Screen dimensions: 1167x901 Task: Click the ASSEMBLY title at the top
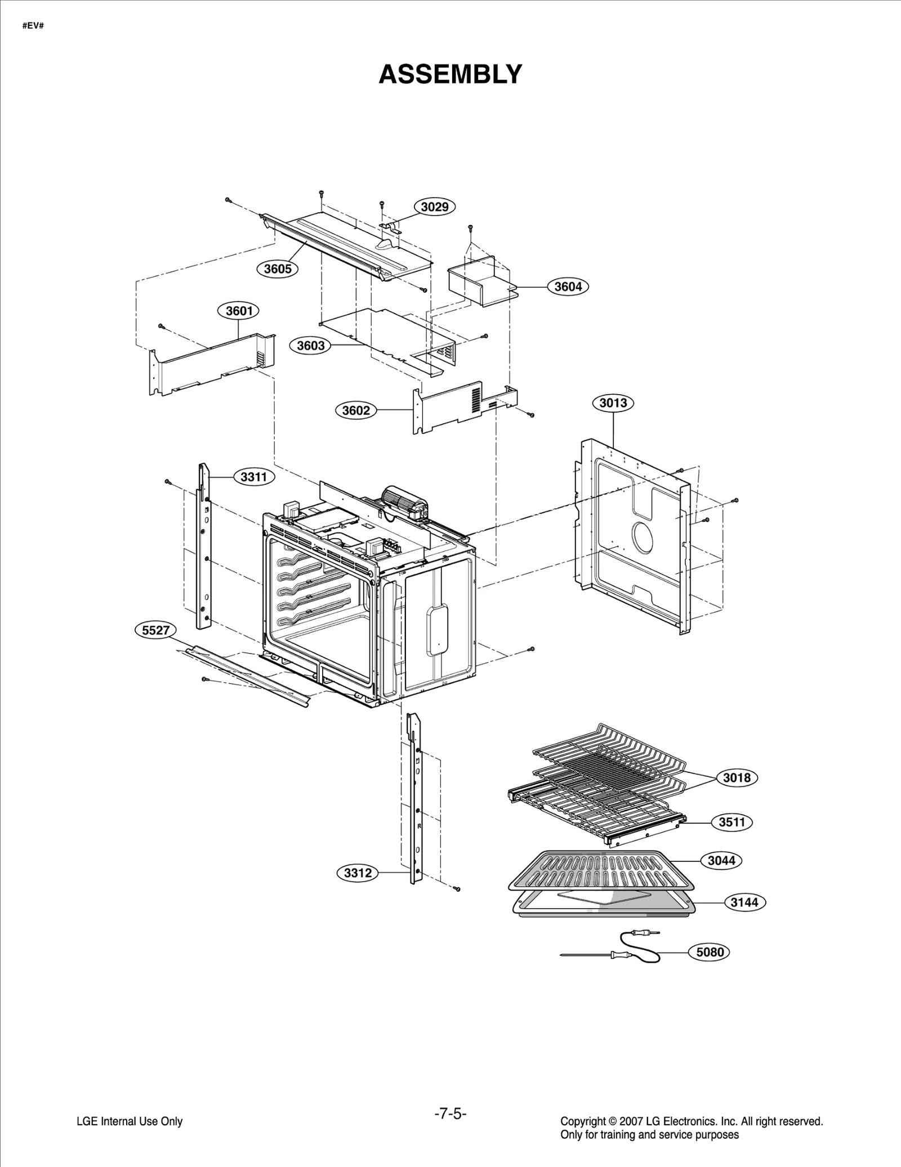tap(450, 74)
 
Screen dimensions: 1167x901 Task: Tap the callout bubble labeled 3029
tap(435, 207)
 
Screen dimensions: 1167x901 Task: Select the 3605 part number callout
tap(278, 269)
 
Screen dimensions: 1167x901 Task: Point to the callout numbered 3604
tap(568, 287)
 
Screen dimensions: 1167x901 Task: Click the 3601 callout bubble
tap(239, 311)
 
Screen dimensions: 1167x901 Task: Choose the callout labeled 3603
tap(310, 345)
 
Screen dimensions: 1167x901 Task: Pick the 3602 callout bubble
tap(356, 410)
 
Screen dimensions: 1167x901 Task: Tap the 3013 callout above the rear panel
tap(613, 403)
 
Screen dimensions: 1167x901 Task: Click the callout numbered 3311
tap(253, 477)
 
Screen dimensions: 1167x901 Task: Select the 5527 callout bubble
tap(155, 630)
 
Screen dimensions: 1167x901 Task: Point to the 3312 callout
tap(358, 873)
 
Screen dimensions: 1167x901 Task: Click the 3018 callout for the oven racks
tap(737, 777)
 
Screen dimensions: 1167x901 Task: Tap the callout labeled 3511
tap(732, 822)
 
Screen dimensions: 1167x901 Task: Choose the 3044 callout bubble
tap(721, 860)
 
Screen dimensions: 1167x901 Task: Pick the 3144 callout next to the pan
tap(744, 902)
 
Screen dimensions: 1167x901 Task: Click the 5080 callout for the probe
tap(710, 952)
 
